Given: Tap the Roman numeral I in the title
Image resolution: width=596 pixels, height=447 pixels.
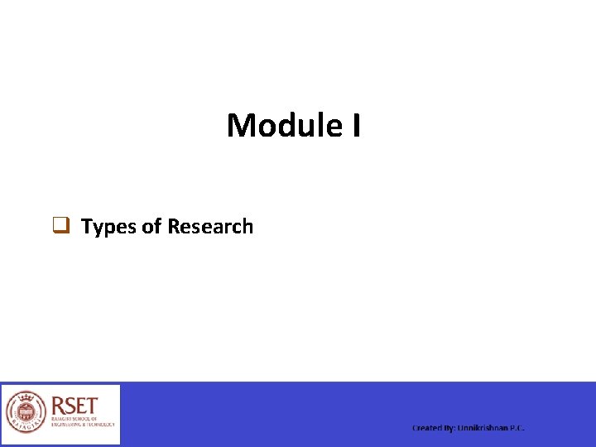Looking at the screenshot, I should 355,126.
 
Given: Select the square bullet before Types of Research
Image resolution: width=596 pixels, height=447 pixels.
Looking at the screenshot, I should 60,225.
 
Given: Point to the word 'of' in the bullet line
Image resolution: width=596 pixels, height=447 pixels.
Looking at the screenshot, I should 151,227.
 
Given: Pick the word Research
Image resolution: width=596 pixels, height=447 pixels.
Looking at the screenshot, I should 210,227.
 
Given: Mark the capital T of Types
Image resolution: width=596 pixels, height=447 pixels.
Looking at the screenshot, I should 87,227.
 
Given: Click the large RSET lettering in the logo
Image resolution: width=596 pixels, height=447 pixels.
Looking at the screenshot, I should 74,406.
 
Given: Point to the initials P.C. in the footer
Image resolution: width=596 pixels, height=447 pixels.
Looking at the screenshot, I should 517,428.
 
